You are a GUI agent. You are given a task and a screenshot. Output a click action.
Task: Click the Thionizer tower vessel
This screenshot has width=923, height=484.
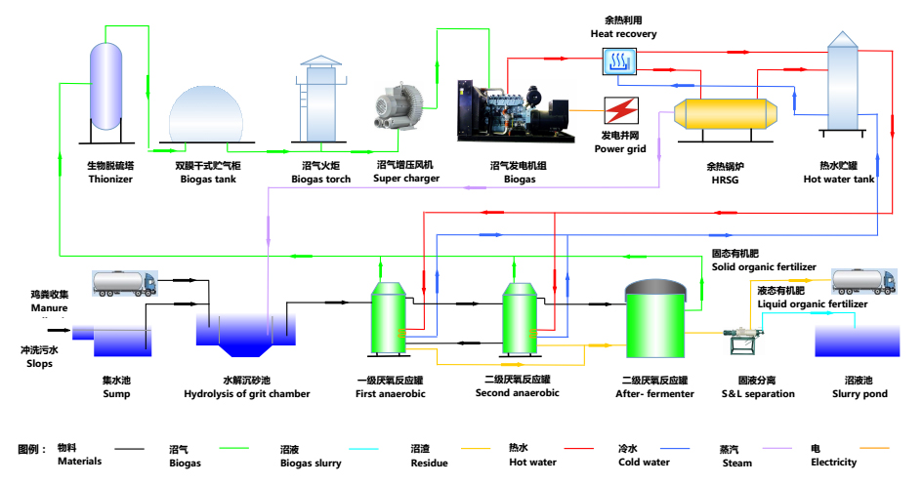105,94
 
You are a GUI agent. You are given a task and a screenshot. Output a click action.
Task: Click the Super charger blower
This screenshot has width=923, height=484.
399,105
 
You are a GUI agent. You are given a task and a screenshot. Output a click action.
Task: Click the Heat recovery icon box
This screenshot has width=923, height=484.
618,62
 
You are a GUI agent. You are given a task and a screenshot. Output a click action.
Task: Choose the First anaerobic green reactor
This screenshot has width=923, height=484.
390,317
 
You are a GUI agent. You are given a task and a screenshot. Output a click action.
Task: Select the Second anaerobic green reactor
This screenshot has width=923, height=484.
519,318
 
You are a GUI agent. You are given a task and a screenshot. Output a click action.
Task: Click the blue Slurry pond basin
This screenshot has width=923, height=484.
857,343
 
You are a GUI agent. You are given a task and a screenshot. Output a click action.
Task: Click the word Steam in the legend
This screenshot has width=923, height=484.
737,463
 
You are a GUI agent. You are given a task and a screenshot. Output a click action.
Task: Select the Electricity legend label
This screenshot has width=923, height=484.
833,462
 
